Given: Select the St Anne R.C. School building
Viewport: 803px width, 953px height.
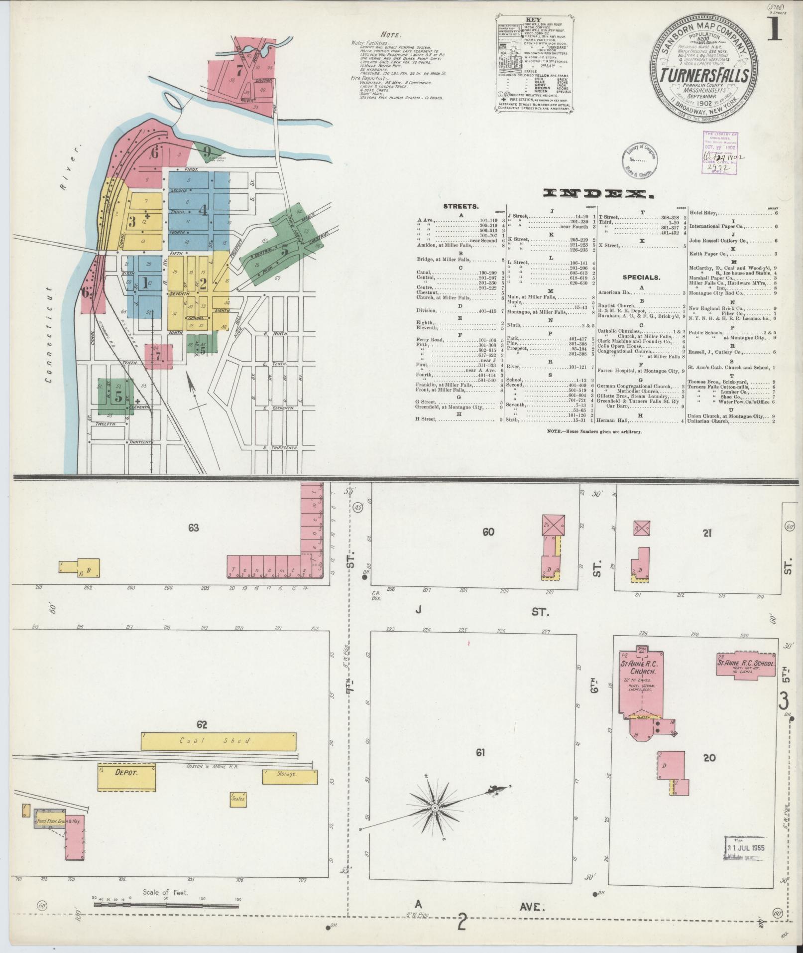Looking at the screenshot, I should (745, 664).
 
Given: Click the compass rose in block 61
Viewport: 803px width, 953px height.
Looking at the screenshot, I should (435, 807).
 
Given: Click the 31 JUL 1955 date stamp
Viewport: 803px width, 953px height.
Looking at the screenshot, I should (745, 848).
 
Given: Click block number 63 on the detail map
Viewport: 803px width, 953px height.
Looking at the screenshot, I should (193, 527).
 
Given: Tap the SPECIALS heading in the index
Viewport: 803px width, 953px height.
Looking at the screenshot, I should (640, 277).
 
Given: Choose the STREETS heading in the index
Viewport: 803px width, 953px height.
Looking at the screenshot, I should (460, 205).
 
